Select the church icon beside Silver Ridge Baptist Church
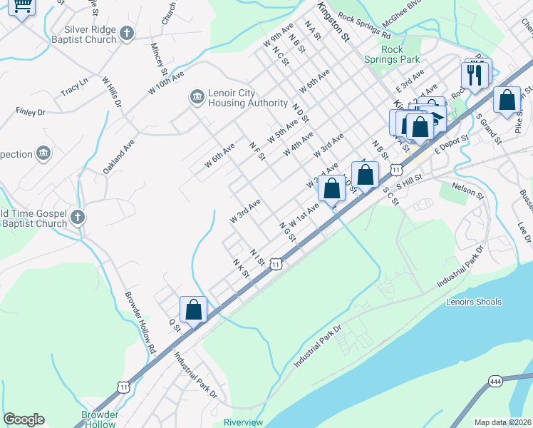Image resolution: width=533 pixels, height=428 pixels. (126, 33)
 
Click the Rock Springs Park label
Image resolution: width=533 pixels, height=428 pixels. (400, 54)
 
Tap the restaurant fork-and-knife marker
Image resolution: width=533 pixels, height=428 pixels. (474, 74)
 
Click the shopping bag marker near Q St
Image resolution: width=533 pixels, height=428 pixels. (193, 310)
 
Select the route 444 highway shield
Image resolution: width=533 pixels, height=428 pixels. (497, 381)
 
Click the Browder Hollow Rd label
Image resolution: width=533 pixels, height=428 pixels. (140, 323)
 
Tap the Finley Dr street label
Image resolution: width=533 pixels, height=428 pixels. (31, 112)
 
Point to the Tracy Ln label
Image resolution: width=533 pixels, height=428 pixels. (74, 88)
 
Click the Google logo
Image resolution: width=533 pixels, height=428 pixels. (24, 419)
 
